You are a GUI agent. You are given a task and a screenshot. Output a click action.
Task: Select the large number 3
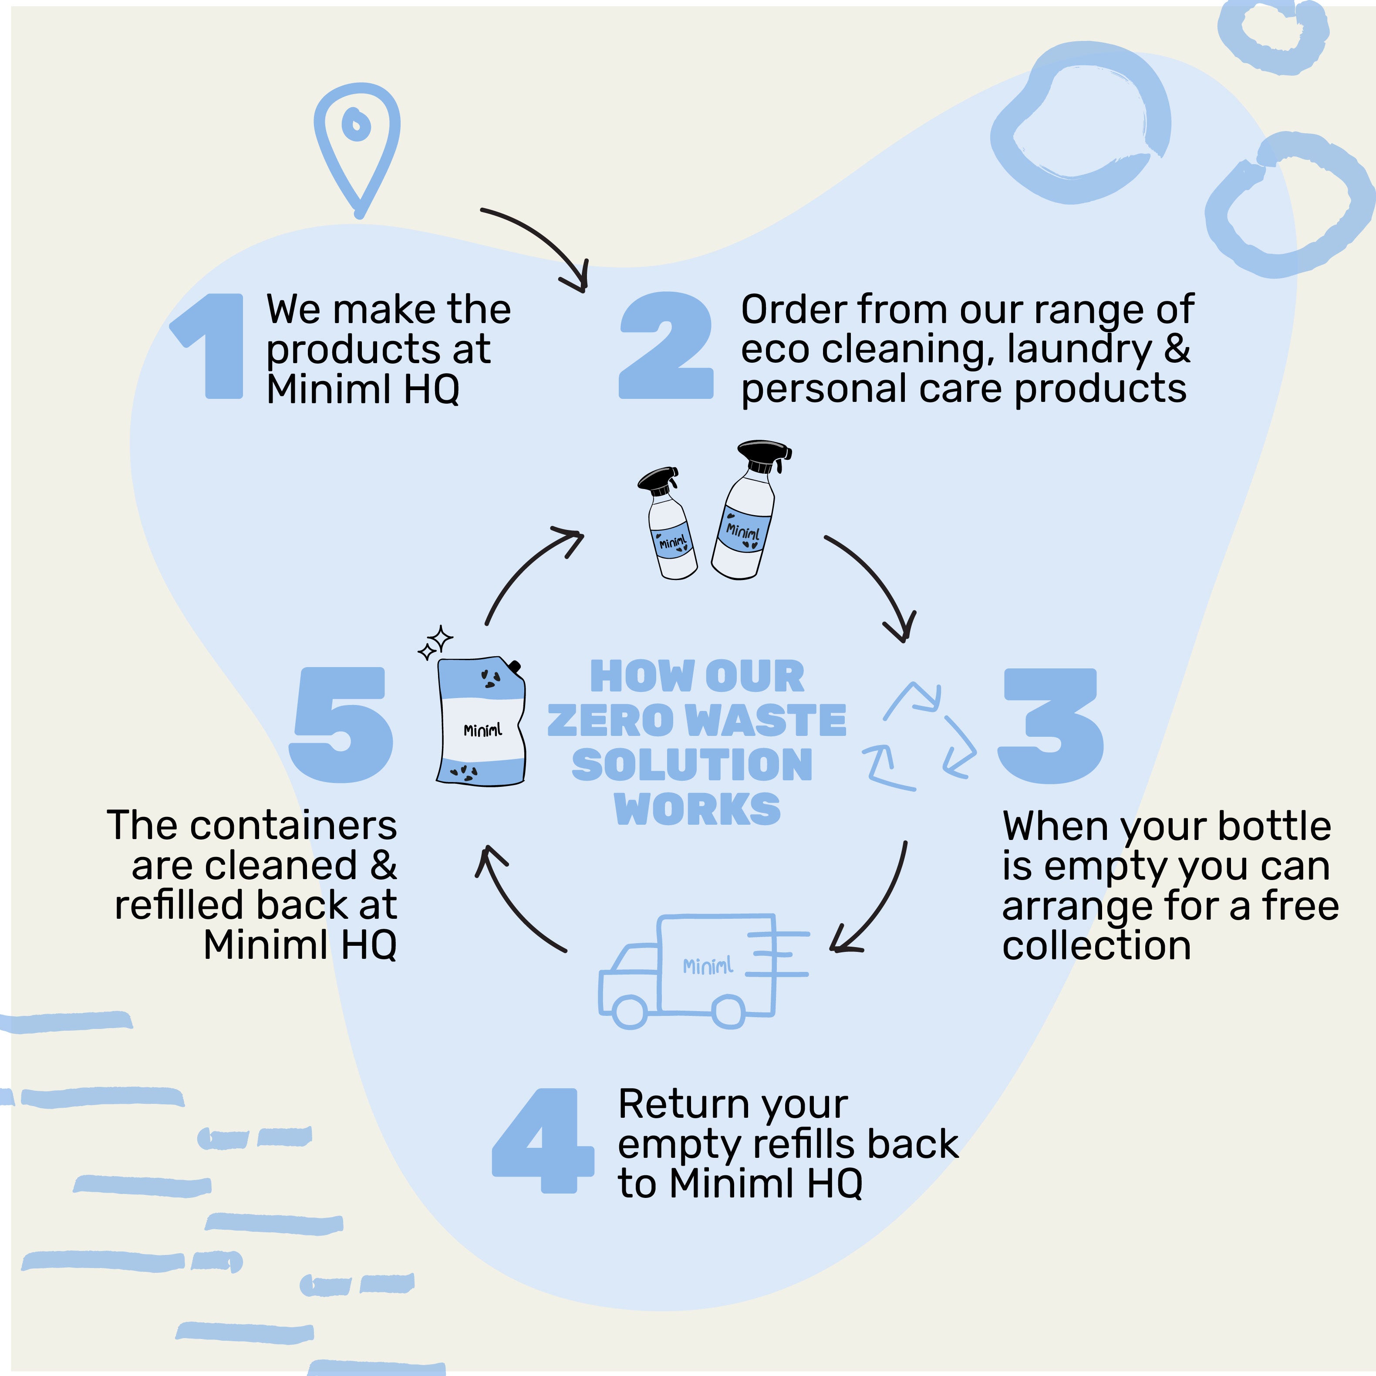[x=1051, y=726]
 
